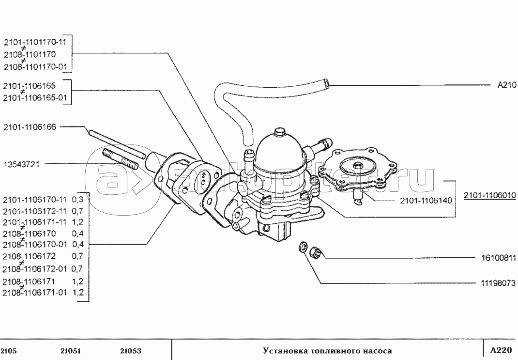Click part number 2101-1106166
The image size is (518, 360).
click(30, 127)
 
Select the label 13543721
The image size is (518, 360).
click(21, 164)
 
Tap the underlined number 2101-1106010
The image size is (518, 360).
click(489, 195)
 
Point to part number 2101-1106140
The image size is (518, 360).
click(426, 200)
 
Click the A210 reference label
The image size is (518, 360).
click(507, 85)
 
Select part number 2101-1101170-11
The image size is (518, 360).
click(35, 42)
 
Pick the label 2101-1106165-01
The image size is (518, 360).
click(35, 98)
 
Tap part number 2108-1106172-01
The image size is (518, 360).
click(35, 269)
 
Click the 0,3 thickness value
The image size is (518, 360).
click(77, 200)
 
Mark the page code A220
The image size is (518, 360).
click(501, 350)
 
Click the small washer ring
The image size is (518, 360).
click(303, 246)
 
